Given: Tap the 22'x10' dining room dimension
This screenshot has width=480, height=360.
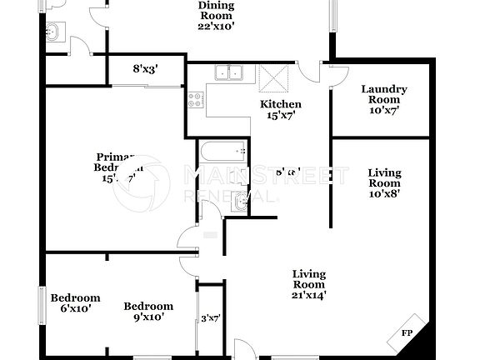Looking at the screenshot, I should [216, 25].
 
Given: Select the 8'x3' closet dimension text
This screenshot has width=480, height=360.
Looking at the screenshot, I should [146, 70].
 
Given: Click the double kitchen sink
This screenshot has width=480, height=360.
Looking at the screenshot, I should [227, 74].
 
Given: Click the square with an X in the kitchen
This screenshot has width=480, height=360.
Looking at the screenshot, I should [273, 77].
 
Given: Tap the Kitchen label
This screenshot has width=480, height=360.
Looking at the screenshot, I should [281, 104].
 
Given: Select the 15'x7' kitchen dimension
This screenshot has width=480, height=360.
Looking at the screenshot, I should [281, 116].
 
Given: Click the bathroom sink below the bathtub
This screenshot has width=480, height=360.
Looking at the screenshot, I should [240, 201].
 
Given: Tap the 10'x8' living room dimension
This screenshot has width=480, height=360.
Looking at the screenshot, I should [384, 192].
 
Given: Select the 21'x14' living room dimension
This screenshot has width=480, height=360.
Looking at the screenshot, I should [308, 293].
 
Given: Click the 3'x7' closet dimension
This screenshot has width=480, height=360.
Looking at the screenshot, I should [209, 317].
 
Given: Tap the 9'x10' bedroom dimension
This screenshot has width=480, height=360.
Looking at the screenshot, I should [148, 317].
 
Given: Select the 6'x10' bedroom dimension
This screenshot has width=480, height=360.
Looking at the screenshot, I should [75, 308].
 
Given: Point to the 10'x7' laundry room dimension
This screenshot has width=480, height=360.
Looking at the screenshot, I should [384, 111].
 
